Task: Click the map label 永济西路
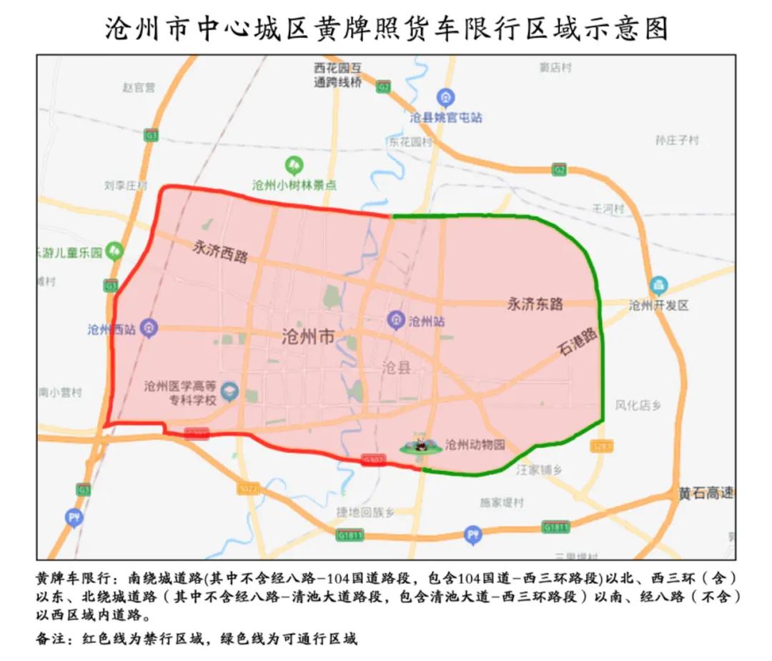point(220,251)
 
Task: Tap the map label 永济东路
point(535,304)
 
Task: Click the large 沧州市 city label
point(308,337)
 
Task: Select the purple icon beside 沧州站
point(396,321)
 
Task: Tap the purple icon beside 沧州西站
point(149,328)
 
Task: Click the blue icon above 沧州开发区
point(658,285)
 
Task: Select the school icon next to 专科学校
point(229,392)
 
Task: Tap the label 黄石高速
point(706,493)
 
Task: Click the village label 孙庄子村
point(676,141)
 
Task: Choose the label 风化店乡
point(638,405)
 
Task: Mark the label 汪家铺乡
point(540,469)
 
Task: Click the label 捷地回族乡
point(365,512)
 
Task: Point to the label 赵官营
point(138,88)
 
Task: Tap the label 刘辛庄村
point(125,186)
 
